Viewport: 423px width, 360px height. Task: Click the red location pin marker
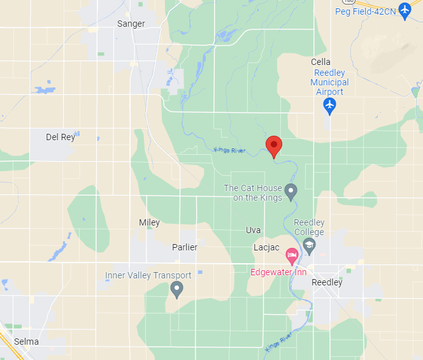pyautogui.click(x=274, y=146)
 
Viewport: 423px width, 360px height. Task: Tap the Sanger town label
pyautogui.click(x=131, y=24)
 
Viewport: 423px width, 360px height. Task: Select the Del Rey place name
pyautogui.click(x=61, y=137)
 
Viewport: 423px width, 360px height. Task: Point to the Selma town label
pyautogui.click(x=26, y=342)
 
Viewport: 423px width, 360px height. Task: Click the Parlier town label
pyautogui.click(x=185, y=247)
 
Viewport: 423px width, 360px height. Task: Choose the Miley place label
pyautogui.click(x=149, y=223)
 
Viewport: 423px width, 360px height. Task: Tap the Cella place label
pyautogui.click(x=320, y=62)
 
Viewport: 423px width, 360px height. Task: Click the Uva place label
pyautogui.click(x=254, y=230)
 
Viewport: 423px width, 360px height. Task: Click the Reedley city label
pyautogui.click(x=327, y=282)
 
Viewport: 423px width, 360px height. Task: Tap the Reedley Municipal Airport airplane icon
pyautogui.click(x=329, y=105)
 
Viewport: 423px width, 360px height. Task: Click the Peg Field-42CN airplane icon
pyautogui.click(x=404, y=11)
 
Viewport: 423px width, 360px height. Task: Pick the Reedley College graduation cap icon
pyautogui.click(x=309, y=245)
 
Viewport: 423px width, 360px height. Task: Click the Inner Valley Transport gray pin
pyautogui.click(x=177, y=290)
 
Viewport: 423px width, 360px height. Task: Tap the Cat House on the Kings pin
pyautogui.click(x=291, y=190)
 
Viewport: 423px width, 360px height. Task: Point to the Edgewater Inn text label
pyautogui.click(x=278, y=272)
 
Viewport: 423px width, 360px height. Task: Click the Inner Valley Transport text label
pyautogui.click(x=148, y=276)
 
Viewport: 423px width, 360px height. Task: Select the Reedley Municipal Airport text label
pyautogui.click(x=330, y=82)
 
